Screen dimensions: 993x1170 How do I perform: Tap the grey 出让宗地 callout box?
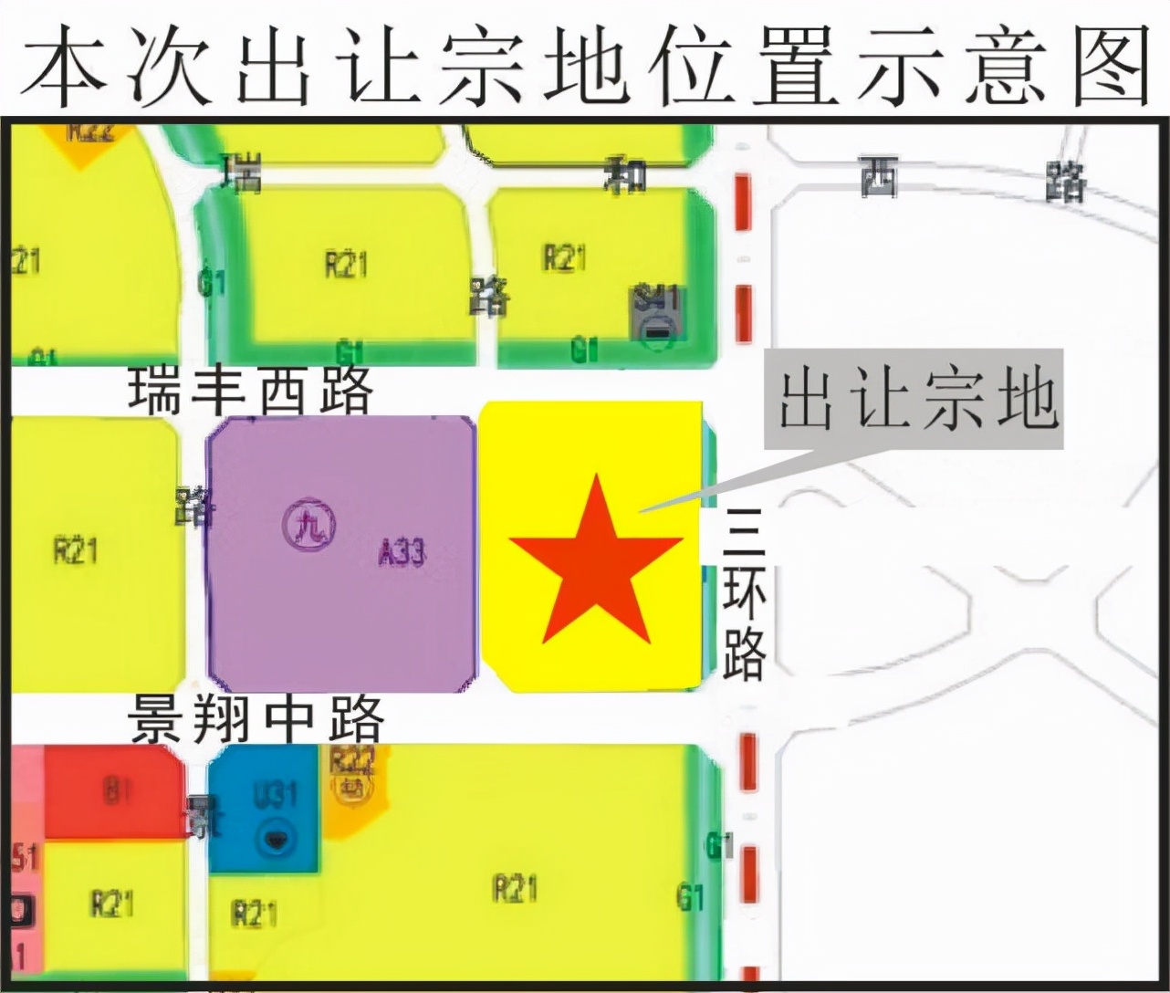tap(915, 400)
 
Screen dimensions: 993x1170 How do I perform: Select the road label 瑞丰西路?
tap(251, 392)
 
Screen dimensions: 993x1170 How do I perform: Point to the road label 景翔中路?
tap(256, 719)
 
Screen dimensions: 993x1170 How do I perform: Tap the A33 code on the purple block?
tap(402, 552)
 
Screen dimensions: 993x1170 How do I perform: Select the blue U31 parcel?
tap(265, 809)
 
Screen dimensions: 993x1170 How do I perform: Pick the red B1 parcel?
tap(114, 790)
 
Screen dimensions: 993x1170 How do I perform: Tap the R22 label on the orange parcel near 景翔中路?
tap(351, 760)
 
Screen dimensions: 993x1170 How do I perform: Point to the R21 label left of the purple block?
tap(75, 550)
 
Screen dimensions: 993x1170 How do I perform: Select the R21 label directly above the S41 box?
tap(564, 258)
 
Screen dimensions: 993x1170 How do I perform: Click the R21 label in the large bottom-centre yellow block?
tap(515, 887)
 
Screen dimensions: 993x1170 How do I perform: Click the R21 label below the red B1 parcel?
tap(112, 904)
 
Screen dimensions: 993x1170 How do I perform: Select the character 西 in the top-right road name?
tap(880, 178)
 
